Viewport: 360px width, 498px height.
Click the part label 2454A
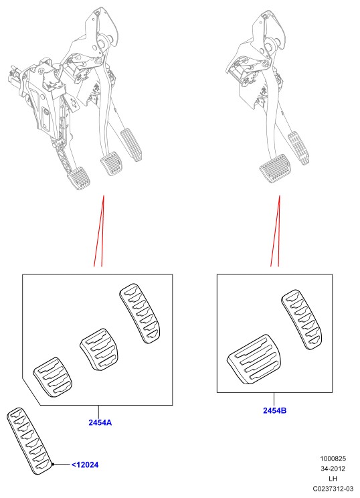100,422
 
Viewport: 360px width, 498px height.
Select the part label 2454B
274,410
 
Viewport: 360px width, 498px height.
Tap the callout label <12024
85,465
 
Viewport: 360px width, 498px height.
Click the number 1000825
333,459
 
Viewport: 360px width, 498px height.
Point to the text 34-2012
333,469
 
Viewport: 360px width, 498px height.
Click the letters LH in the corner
333,479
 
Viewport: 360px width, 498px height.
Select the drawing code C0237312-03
333,488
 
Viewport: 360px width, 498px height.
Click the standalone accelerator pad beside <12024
29,441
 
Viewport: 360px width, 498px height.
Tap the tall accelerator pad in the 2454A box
140,313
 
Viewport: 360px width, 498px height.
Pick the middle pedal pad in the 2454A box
99,349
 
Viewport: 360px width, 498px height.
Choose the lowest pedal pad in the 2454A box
53,378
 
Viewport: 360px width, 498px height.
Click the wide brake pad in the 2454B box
255,359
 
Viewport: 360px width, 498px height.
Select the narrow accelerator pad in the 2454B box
302,319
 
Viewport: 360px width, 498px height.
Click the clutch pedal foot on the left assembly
78,178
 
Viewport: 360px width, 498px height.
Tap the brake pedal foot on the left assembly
111,163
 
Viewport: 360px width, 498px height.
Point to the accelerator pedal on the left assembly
130,145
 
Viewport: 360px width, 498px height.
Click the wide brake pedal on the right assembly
275,169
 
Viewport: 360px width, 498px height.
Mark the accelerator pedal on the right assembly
298,148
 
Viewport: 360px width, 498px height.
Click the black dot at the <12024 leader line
53,465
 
